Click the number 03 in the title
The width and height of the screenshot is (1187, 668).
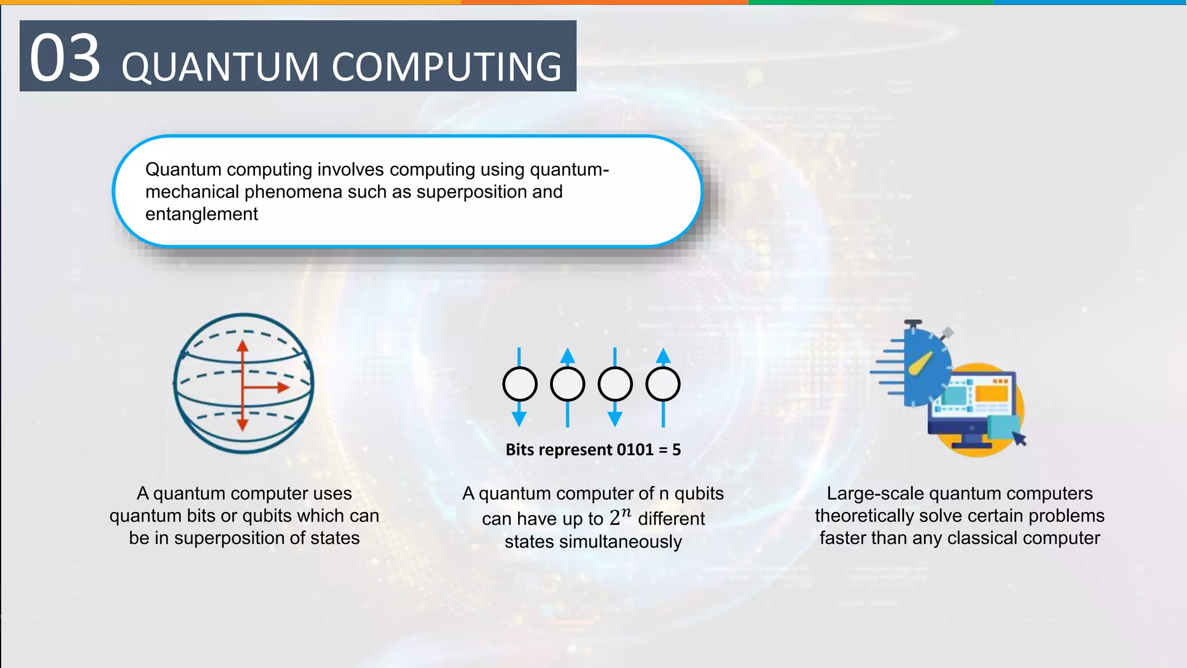coord(65,58)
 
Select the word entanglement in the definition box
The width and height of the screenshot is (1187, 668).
coord(201,214)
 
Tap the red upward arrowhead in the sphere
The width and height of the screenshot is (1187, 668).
coord(242,346)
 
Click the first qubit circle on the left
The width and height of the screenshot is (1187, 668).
coord(520,384)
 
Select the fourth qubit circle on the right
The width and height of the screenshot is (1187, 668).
coord(662,384)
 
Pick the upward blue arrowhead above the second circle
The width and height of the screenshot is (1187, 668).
coord(567,355)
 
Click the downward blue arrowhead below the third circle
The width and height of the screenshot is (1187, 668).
coord(615,418)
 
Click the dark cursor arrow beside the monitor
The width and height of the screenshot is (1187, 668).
coord(1019,438)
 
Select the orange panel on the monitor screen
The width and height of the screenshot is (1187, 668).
coord(992,394)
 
